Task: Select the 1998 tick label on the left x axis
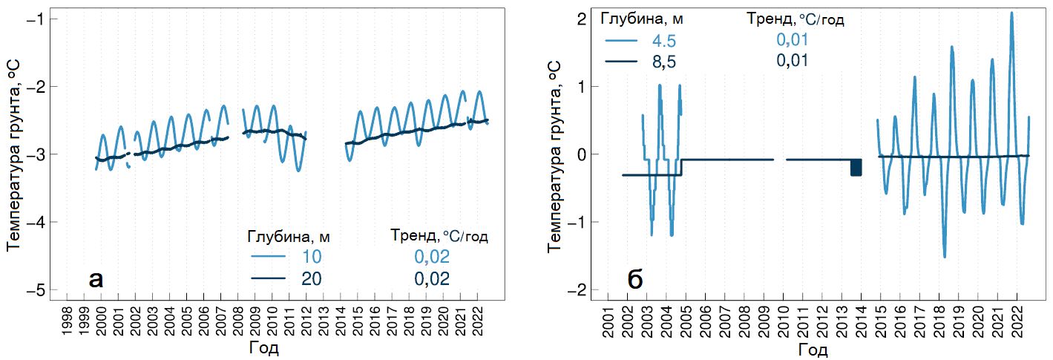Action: pos(67,320)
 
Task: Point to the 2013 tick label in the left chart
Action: pos(324,320)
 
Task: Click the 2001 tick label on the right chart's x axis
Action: pos(608,320)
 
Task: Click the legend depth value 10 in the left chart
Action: pos(311,257)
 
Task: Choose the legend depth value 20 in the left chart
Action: pos(311,278)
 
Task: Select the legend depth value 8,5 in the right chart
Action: pos(665,62)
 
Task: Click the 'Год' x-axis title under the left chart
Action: pos(264,347)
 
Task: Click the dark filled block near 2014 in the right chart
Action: pos(856,167)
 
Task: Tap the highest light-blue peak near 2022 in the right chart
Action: pos(1011,13)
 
